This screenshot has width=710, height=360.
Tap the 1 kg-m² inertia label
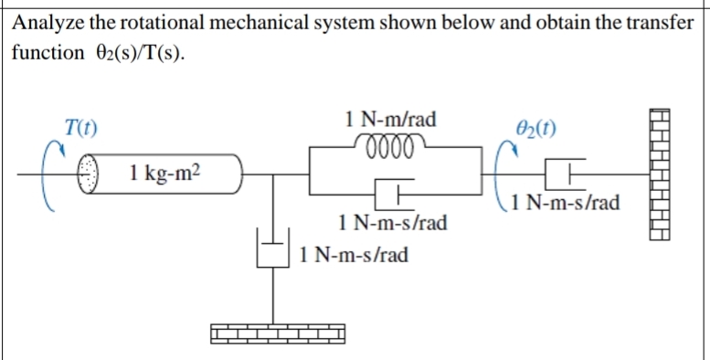[165, 172]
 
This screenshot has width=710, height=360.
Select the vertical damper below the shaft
[271, 249]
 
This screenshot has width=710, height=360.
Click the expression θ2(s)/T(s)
[135, 52]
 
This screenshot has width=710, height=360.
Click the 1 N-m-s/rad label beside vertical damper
[353, 253]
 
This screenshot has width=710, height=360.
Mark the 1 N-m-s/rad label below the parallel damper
[392, 222]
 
